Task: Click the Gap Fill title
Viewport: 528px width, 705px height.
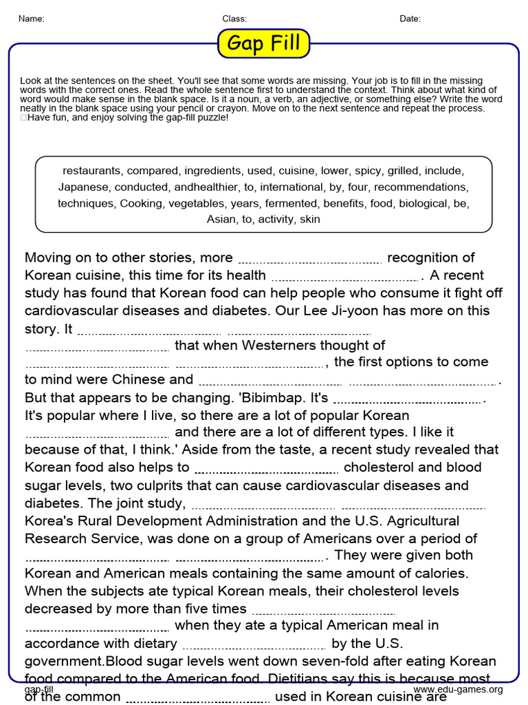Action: (264, 44)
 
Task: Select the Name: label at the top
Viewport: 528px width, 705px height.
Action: (31, 19)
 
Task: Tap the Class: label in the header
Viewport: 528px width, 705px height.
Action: (234, 19)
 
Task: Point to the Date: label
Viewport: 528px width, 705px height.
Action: (410, 19)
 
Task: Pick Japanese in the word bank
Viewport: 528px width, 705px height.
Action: (83, 187)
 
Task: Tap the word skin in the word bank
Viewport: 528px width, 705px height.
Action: (310, 220)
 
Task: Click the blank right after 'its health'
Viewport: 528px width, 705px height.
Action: (345, 277)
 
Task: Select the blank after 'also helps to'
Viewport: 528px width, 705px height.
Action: (266, 470)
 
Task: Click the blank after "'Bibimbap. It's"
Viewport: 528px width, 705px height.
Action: (408, 401)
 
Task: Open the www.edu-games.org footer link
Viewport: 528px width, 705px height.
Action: (458, 689)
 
